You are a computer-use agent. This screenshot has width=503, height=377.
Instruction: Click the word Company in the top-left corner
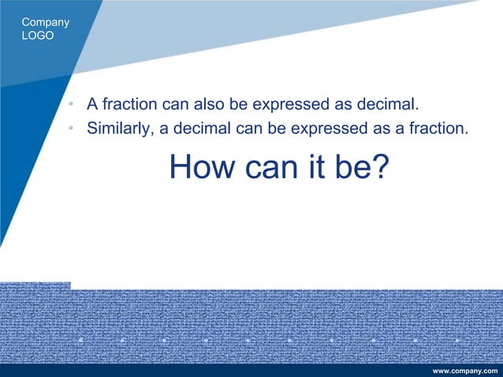(46, 22)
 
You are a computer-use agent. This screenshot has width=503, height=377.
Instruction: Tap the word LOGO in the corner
(39, 35)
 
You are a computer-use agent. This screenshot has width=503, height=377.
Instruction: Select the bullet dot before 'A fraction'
(72, 105)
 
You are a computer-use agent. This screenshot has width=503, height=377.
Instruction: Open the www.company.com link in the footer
(465, 370)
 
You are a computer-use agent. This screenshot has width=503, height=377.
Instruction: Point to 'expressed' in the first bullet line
(304, 104)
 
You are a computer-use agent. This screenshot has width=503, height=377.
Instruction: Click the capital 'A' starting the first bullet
(92, 104)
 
